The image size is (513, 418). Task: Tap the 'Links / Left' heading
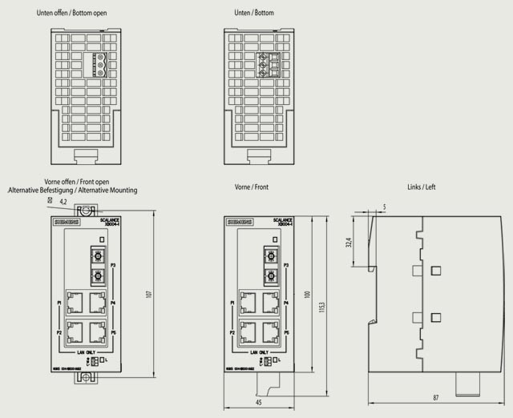(422, 187)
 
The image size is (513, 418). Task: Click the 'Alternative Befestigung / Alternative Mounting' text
(73, 191)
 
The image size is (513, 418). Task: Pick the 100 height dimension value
(305, 295)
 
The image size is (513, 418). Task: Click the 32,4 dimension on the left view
(348, 241)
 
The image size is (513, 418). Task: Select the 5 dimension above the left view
(384, 207)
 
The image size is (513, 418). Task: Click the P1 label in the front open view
(59, 303)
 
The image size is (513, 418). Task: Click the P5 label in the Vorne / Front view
(286, 331)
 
